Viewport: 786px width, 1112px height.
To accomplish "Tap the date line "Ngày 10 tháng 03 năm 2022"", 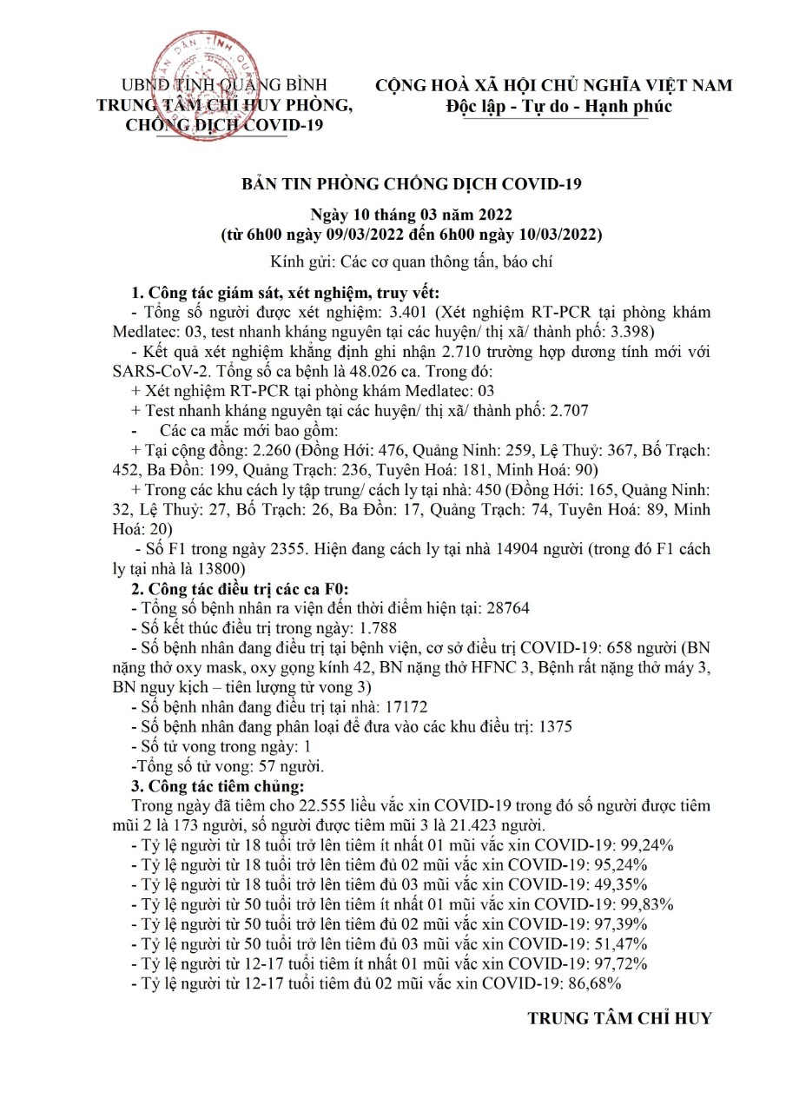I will (412, 215).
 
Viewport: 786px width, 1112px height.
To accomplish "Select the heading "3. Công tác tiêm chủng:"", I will (217, 786).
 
